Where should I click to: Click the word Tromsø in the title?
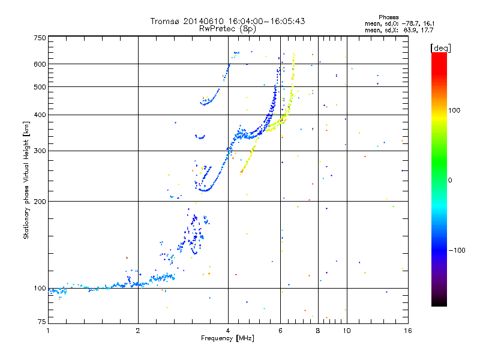[164, 21]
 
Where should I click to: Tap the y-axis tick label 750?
[40, 38]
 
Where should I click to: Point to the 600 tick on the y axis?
[40, 64]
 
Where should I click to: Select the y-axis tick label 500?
[40, 86]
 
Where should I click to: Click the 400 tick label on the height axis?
[40, 115]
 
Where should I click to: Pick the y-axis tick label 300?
[40, 150]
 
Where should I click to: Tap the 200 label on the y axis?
[40, 201]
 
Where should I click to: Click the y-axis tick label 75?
[41, 323]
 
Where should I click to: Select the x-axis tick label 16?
[407, 331]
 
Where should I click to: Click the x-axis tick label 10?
[346, 331]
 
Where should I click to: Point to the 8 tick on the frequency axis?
[318, 331]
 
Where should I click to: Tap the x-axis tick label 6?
[280, 331]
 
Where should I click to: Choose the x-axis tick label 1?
[49, 331]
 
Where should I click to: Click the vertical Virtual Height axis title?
[26, 180]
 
